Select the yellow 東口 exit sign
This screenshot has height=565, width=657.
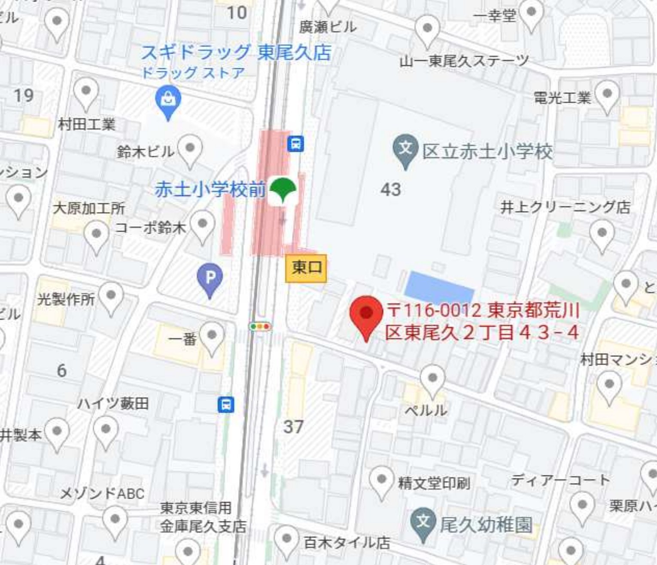306,268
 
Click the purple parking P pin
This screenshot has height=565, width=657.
210,278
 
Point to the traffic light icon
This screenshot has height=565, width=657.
260,327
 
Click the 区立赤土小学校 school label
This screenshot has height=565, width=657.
487,151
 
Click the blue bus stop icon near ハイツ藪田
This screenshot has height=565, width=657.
226,404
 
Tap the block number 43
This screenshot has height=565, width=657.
390,189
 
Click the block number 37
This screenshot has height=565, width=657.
293,427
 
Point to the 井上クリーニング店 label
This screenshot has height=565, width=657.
565,207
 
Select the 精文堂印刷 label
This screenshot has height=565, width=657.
434,483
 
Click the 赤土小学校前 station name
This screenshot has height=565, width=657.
210,190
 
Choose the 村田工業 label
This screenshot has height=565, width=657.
87,125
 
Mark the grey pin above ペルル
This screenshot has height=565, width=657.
432,379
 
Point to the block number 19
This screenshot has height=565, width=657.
24,95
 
